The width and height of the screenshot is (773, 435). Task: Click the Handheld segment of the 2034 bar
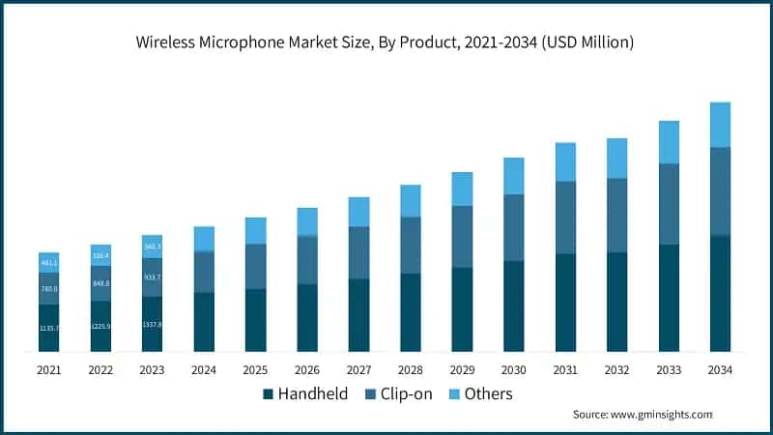720,293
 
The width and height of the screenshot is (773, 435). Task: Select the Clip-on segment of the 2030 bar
513,227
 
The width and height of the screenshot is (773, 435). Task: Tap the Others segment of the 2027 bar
358,212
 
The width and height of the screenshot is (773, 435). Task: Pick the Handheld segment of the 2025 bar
255,319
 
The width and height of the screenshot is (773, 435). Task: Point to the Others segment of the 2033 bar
669,142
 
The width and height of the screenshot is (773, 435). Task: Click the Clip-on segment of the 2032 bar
616,215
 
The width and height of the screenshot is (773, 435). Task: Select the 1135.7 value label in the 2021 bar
49,329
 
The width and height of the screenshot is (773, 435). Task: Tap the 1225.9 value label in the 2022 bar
100,327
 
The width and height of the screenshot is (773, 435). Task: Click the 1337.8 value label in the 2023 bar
152,325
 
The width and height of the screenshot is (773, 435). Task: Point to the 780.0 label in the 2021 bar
49,289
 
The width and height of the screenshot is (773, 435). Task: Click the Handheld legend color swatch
268,394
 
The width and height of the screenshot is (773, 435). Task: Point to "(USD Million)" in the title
588,43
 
